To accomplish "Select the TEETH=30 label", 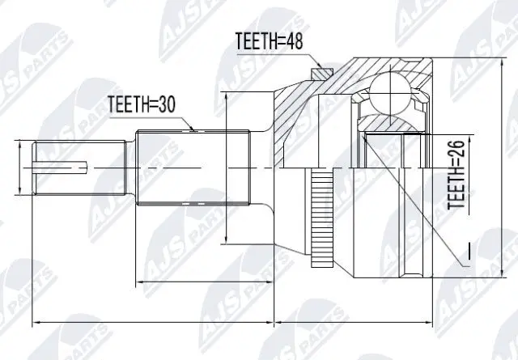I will point(142,104).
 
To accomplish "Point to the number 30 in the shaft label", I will point(166,104).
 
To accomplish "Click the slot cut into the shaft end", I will point(62,168).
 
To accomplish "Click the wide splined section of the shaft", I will point(190,168).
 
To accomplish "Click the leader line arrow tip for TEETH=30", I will point(193,129).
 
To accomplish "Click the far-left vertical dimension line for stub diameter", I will point(18,168).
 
